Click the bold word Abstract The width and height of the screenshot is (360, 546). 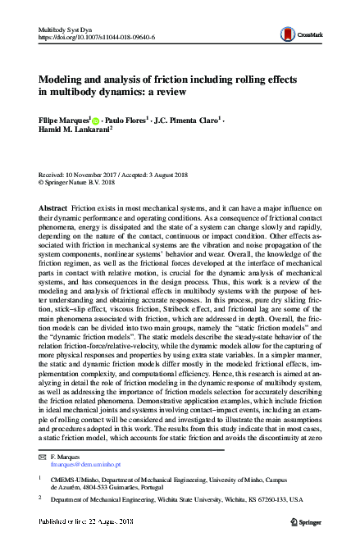point(54,210)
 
